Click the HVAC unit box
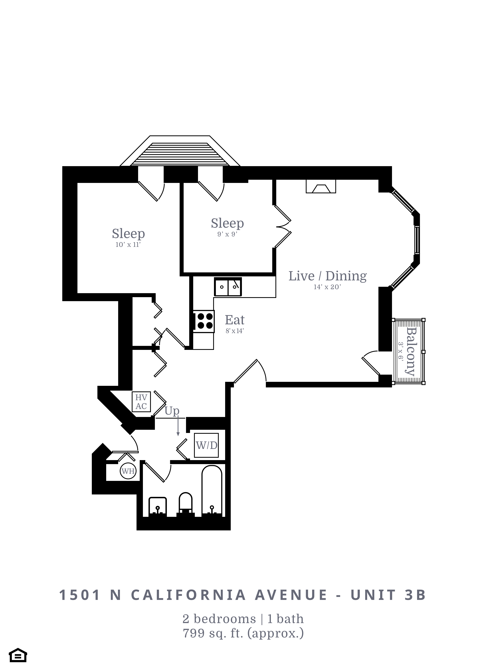(141, 402)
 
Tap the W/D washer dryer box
(206, 445)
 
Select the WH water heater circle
(128, 471)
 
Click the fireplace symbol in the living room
(321, 186)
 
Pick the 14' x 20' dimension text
(327, 287)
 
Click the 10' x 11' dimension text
(128, 245)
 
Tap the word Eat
(235, 320)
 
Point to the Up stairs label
(172, 411)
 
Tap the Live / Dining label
(327, 276)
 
